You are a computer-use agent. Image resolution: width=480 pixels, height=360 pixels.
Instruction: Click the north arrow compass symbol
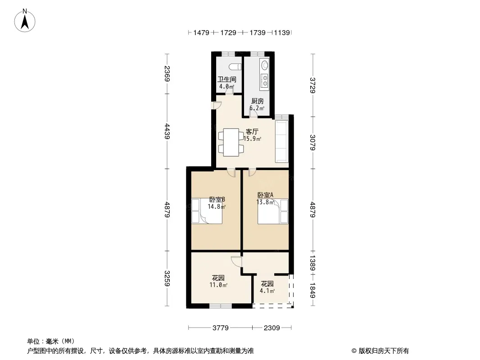pos(25,21)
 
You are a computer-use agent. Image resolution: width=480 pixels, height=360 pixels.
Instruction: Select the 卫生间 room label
pos(227,79)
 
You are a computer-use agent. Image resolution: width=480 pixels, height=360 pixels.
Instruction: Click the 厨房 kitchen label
pos(258,101)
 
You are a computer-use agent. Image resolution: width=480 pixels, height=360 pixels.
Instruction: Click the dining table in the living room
pos(231,142)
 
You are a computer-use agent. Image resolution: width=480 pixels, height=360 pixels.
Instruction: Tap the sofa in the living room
pos(281,142)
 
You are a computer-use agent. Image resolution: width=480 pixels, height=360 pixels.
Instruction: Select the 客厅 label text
pos(252,131)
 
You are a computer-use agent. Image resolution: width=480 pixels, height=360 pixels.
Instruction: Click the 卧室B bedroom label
pos(217,199)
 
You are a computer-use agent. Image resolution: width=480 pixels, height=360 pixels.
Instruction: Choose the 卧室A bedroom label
pos(265,195)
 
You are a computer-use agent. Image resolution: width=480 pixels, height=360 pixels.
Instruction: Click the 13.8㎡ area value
pos(265,202)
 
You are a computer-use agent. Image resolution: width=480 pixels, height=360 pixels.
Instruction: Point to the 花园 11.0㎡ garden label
pos(218,281)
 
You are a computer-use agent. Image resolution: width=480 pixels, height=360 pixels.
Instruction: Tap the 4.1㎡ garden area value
pos(267,291)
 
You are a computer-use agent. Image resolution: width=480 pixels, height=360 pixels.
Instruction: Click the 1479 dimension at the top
pos(201,32)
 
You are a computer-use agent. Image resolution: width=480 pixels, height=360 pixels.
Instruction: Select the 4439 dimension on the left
pos(167,131)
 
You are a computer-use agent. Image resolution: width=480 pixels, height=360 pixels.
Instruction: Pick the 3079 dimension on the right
pos(312,143)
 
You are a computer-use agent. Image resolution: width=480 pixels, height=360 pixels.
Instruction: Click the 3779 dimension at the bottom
pos(220,328)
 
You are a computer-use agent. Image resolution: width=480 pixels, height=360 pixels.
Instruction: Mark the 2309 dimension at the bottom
pos(272,328)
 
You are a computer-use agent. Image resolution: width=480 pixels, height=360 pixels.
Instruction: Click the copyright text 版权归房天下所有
pos(384,351)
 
